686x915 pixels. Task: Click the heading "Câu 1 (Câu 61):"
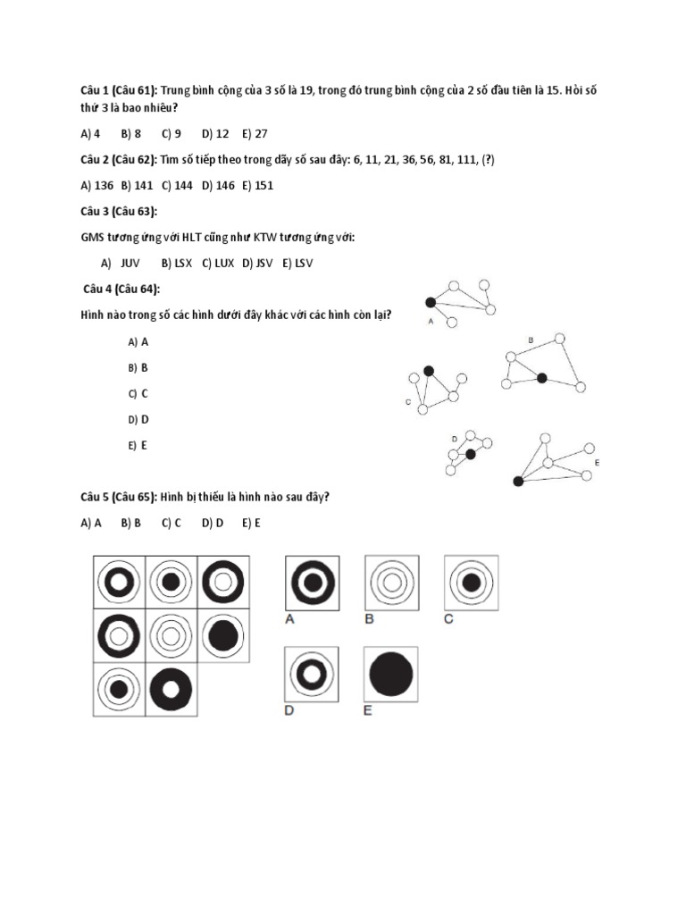pos(118,91)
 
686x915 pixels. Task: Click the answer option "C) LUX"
pos(218,263)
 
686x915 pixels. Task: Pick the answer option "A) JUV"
pos(121,263)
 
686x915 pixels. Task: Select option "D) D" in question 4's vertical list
pos(138,419)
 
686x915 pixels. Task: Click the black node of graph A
pos(430,302)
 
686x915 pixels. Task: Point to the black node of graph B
pos(541,379)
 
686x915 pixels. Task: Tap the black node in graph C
pos(429,371)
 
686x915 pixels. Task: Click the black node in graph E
pos(518,482)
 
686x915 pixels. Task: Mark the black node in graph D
pos(471,454)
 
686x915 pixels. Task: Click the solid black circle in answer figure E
pos(391,676)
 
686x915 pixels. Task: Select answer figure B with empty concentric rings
pos(390,583)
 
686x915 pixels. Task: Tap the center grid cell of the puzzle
pos(171,635)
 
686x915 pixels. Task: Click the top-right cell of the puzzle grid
pos(222,583)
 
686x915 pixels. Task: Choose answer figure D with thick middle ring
pos(311,676)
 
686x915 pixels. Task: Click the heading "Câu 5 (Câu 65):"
pos(118,497)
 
